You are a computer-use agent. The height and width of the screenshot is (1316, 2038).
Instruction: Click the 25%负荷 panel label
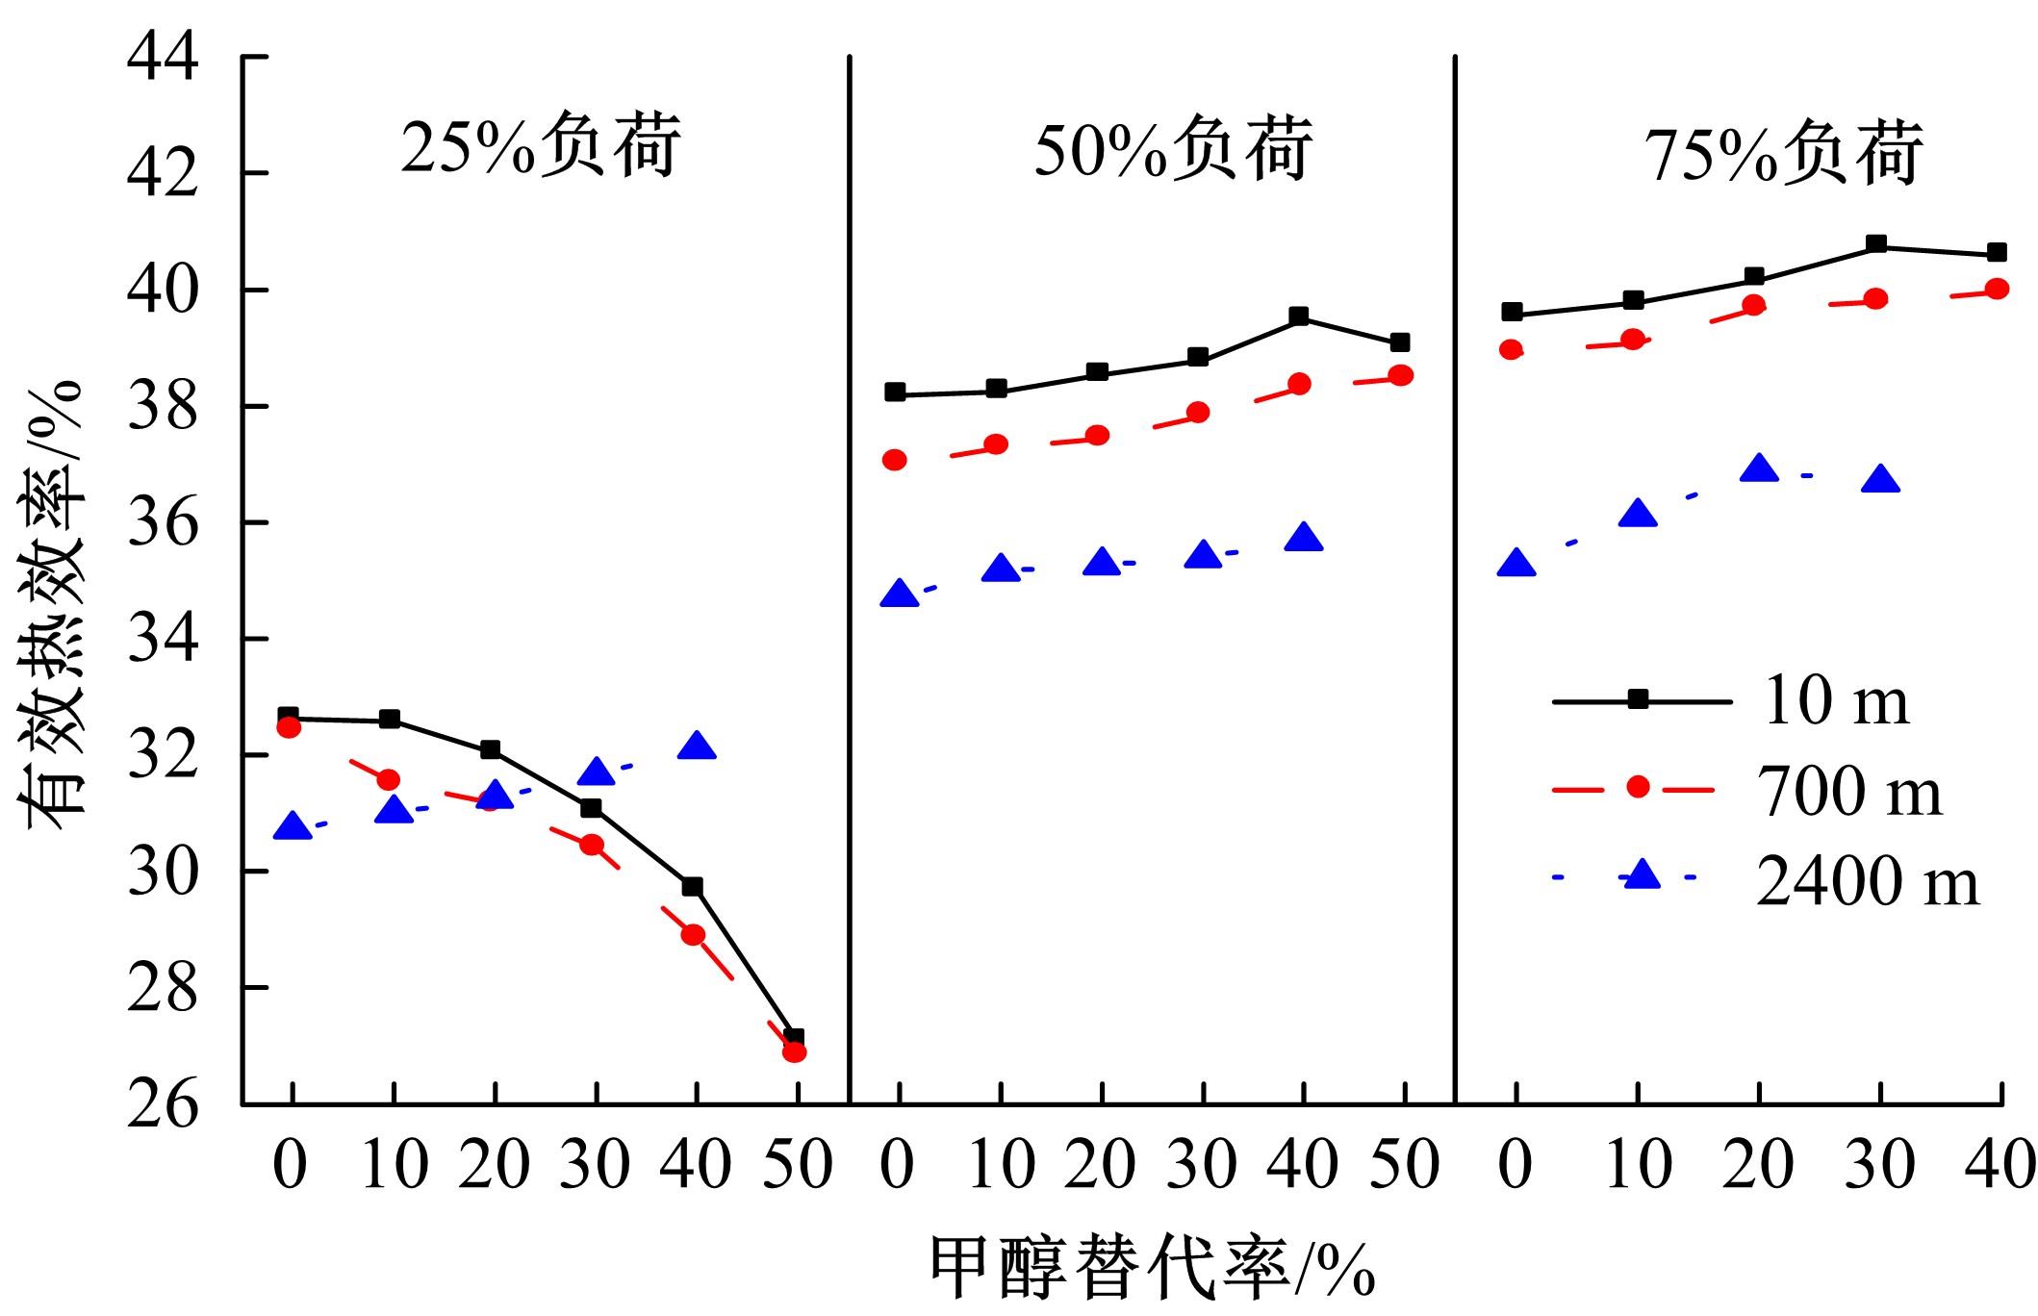click(540, 147)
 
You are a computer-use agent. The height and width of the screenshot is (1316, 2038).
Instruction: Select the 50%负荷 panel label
click(1173, 151)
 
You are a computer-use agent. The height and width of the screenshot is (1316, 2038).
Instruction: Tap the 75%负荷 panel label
click(1786, 154)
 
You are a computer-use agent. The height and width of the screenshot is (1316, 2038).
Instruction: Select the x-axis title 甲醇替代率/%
click(1151, 1267)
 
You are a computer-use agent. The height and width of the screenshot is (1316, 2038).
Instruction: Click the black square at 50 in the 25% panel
click(794, 1038)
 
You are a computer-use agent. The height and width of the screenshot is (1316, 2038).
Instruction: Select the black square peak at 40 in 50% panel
click(1299, 316)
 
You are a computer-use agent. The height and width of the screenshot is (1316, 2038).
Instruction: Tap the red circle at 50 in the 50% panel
click(1401, 375)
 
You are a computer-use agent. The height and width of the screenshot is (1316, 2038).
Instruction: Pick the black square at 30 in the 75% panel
click(1875, 244)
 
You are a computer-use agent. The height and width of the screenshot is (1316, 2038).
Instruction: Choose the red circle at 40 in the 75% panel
click(1997, 289)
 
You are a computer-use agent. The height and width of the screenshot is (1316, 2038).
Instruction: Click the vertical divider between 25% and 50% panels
click(850, 577)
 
